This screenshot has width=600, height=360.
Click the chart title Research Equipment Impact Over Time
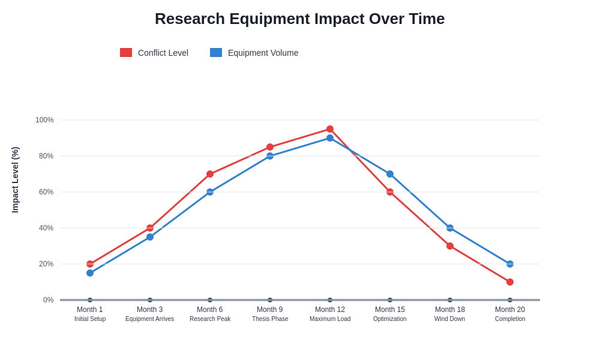click(x=299, y=19)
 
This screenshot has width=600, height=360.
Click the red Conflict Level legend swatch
click(x=126, y=53)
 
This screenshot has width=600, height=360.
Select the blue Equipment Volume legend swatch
click(x=216, y=53)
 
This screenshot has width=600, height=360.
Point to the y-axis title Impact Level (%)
click(x=15, y=180)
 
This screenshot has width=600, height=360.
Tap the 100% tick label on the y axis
click(x=44, y=120)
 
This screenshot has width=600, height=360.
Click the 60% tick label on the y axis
click(x=46, y=192)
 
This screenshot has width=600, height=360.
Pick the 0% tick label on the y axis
click(x=48, y=300)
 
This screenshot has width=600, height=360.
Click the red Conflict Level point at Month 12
click(x=330, y=129)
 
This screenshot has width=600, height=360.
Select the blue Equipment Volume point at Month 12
click(x=330, y=138)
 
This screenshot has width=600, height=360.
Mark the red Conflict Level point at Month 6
click(x=210, y=174)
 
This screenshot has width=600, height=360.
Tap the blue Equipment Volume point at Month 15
click(x=390, y=174)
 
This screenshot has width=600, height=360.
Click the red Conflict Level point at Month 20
click(x=510, y=282)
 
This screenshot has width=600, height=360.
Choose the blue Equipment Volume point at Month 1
click(x=90, y=273)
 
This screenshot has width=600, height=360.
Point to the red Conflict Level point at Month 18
click(x=450, y=246)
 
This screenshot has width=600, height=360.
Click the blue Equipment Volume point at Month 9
click(x=270, y=156)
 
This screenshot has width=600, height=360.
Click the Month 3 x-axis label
click(x=150, y=310)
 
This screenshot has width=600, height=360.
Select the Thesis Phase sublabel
click(x=270, y=319)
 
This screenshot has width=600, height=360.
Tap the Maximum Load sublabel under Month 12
click(x=330, y=319)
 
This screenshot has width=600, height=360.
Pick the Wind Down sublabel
click(x=450, y=319)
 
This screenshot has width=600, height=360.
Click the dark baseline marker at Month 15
click(x=390, y=300)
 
